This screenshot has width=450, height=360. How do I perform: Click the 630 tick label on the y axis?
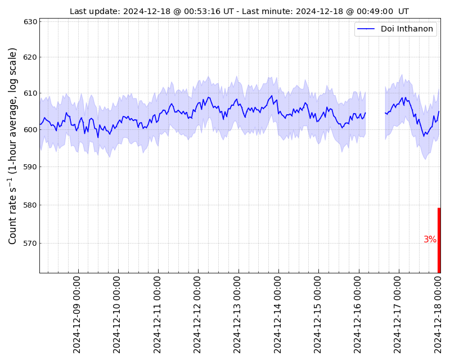click(30, 22)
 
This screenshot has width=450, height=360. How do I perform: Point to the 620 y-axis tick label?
click(30, 57)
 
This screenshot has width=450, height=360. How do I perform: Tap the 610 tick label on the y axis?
click(30, 93)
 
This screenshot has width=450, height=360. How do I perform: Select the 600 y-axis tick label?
click(30, 130)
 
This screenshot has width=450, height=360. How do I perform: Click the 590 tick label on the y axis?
click(30, 167)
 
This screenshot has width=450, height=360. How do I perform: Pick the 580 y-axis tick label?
click(30, 205)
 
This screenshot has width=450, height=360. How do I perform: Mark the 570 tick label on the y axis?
click(30, 244)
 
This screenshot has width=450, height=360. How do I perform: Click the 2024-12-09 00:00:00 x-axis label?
click(76, 315)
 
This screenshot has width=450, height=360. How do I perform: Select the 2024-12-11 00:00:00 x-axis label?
click(157, 315)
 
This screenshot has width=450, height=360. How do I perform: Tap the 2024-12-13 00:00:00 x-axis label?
click(237, 315)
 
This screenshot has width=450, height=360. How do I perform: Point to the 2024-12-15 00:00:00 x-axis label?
click(317, 315)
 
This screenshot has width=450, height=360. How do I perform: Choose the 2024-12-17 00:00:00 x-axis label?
click(397, 315)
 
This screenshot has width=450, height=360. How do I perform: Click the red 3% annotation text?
click(430, 239)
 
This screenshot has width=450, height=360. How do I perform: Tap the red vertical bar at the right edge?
click(439, 240)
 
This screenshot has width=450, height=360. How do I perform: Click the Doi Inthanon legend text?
click(407, 29)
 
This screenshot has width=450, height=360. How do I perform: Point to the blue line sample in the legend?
click(366, 29)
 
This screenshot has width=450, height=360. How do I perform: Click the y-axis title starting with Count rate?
click(12, 146)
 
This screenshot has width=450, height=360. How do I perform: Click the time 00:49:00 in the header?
click(377, 11)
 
